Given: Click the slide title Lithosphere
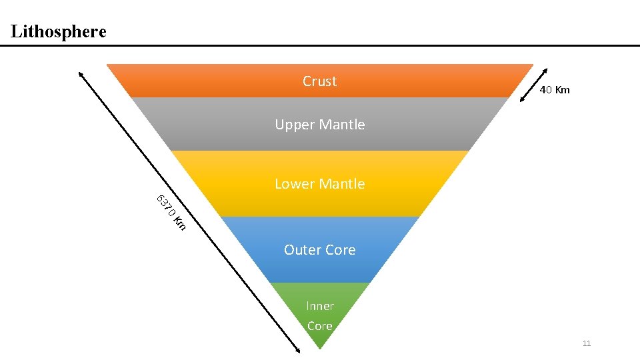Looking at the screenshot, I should [x=59, y=31].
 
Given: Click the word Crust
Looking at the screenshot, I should [x=319, y=81].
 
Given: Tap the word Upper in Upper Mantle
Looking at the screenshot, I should [x=294, y=125].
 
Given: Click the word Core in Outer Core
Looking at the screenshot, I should [x=341, y=250].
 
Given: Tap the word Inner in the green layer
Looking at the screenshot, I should [x=320, y=306].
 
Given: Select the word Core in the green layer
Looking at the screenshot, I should [x=320, y=326].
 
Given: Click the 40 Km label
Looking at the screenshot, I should [x=555, y=90].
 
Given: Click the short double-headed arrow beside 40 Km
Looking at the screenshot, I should [x=534, y=85].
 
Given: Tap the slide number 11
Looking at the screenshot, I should [x=587, y=343].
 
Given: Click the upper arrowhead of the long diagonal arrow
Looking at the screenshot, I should [x=81, y=73].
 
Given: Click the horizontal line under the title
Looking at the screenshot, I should [x=320, y=45].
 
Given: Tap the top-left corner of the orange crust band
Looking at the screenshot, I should [x=108, y=65].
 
